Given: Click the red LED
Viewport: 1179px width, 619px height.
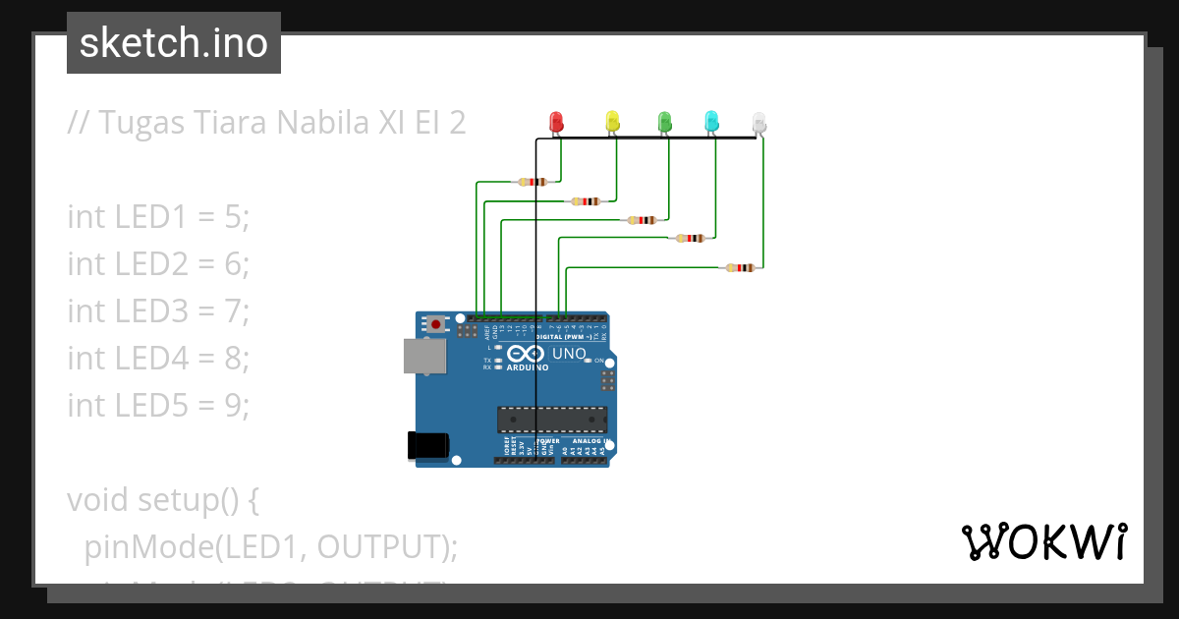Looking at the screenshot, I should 555,122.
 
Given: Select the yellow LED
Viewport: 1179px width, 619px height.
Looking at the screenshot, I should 613,122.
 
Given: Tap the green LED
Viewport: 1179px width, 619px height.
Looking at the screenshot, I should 664,122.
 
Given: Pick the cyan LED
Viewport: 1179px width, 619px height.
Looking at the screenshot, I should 711,122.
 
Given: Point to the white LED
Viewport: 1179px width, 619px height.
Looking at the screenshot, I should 758,123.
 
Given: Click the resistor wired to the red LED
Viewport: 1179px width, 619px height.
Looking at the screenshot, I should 532,182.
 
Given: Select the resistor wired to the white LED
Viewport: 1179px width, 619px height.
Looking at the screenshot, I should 740,267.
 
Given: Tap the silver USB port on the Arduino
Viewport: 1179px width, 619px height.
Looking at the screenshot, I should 423,357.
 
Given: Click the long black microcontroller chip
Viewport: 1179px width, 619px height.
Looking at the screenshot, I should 550,420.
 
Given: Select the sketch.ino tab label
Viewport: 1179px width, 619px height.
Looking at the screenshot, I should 174,43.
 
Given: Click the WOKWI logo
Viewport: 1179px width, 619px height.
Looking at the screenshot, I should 1043,541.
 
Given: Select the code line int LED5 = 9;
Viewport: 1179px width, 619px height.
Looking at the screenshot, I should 159,404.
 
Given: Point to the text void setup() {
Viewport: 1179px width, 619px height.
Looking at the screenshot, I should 163,499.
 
